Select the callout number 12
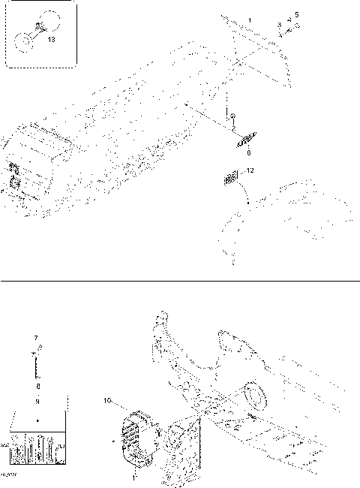point(250,170)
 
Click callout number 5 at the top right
point(296,15)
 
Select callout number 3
point(280,26)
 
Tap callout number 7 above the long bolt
point(36,339)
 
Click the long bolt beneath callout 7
point(36,364)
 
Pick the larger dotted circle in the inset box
point(48,22)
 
